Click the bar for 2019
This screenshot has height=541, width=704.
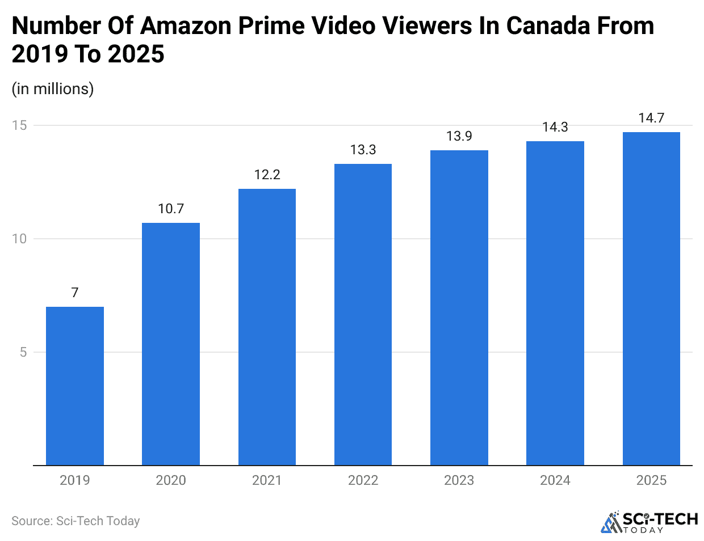pos(74,386)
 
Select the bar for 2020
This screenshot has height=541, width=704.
pos(170,344)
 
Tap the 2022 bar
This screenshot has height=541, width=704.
pos(363,314)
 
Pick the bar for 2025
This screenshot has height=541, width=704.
pos(651,298)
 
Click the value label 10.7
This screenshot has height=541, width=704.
pos(171,209)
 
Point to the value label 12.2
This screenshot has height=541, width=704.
pos(267,175)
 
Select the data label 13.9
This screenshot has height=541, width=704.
pos(459,136)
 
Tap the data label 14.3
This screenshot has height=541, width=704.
pos(555,127)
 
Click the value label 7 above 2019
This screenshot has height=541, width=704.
pos(74,293)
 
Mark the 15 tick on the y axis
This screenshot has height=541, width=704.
pos(20,125)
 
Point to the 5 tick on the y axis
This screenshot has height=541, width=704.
pos(23,352)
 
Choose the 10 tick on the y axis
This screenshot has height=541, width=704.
pos(20,239)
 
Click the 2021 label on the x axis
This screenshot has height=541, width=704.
pos(267,480)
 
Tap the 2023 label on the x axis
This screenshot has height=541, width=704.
pos(459,480)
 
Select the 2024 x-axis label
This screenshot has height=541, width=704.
pos(555,480)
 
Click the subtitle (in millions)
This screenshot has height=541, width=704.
pos(53,89)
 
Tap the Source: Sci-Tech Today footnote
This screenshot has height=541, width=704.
pos(76,521)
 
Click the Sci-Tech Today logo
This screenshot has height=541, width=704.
pos(649,522)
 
